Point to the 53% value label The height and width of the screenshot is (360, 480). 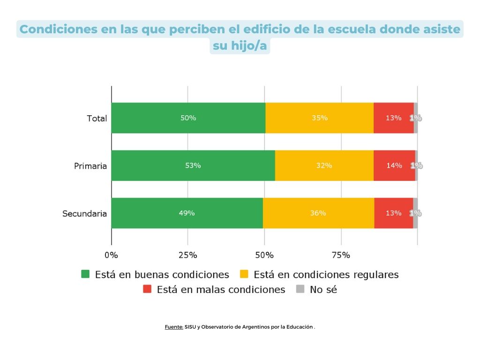coord(193,165)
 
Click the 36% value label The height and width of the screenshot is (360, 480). coord(318,213)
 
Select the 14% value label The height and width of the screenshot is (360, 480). coord(394,165)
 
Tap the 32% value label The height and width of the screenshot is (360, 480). coord(324,165)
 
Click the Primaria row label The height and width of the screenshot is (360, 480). coord(90,166)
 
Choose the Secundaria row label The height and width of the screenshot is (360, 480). coord(85,214)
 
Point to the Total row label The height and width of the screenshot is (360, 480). coord(97,119)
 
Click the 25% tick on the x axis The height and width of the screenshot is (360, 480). coord(188,255)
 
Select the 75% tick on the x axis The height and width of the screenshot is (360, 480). coord(341,255)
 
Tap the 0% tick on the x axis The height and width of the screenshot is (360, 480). coord(111,255)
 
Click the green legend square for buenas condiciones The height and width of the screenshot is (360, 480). coord(85,274)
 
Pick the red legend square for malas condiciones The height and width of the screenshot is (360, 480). coord(147,289)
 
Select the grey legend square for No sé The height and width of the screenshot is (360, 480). coord(300,289)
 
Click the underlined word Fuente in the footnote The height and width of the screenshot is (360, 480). coord(174,327)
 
